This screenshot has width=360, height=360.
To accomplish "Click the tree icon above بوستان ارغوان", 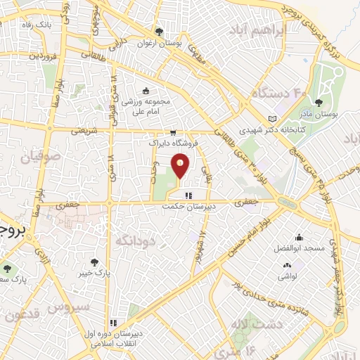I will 159,31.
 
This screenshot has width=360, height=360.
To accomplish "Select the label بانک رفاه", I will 36,26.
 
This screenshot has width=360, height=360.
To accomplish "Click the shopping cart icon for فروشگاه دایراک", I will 173,132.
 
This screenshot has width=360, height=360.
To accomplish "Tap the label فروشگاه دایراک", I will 173,143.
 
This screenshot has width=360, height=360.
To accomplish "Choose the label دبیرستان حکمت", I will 187,206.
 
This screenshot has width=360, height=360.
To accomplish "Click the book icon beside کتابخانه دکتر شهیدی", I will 273,120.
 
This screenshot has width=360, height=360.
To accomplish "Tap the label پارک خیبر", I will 95,271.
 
